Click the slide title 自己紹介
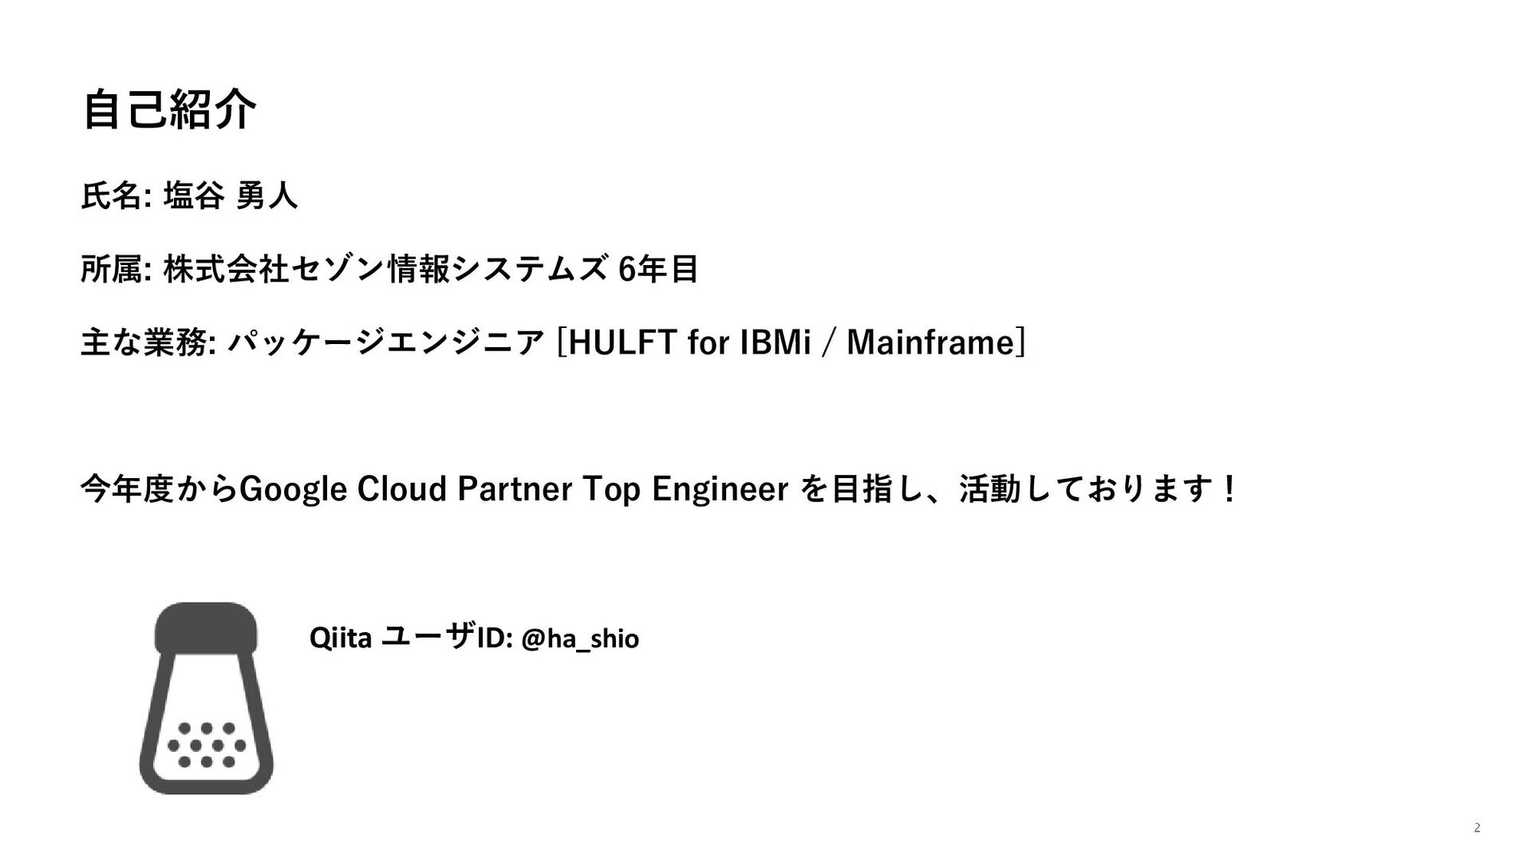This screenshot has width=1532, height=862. (169, 110)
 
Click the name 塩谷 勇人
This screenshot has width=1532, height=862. (231, 196)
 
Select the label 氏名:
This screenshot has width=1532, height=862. (116, 196)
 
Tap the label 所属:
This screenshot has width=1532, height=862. (116, 269)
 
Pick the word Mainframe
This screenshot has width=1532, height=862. (930, 343)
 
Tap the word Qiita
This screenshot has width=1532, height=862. (341, 639)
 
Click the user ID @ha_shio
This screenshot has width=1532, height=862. (580, 639)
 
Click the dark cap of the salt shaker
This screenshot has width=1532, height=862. (206, 627)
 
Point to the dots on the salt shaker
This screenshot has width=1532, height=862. (207, 745)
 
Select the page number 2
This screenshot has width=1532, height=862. (1477, 828)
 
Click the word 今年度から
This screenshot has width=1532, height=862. (160, 489)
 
